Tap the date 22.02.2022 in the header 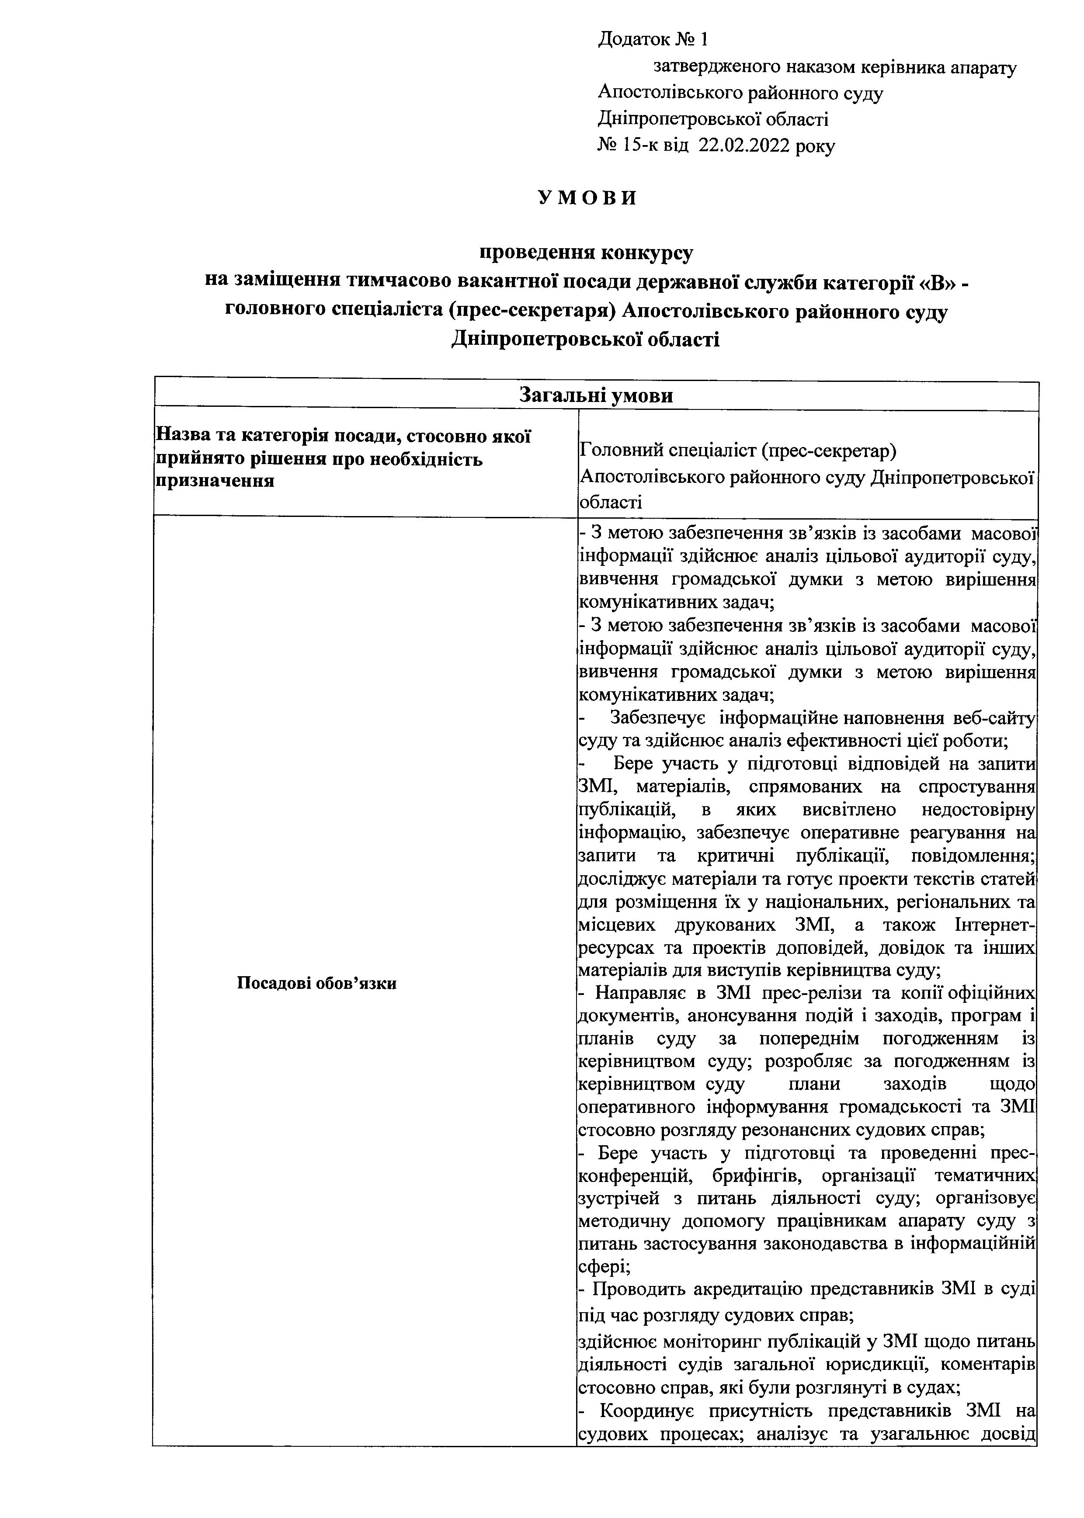(x=745, y=146)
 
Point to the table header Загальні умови (x=596, y=396)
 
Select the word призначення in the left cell (x=215, y=480)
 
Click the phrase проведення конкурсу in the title (x=587, y=253)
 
